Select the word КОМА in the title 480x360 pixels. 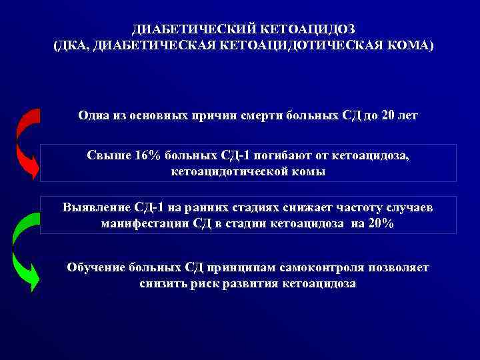406,45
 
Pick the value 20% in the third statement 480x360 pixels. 380,224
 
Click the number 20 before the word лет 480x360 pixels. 389,115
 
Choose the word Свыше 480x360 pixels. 104,155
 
